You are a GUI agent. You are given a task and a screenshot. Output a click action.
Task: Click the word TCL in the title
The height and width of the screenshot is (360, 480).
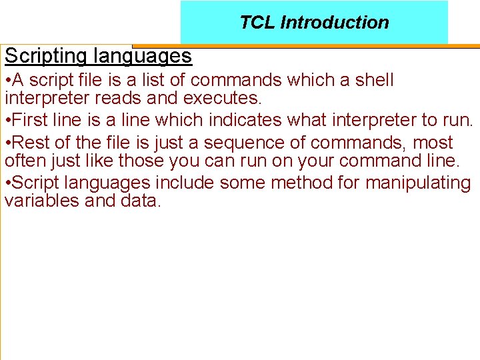point(257,23)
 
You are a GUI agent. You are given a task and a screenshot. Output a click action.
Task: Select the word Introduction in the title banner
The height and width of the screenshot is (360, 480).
point(335,23)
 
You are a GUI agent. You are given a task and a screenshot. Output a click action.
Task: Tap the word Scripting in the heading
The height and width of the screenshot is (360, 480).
point(45,56)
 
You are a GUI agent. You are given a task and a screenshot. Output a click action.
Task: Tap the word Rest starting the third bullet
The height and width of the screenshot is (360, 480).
point(29,143)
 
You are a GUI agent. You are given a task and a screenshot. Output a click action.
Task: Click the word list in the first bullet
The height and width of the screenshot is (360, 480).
point(159,80)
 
